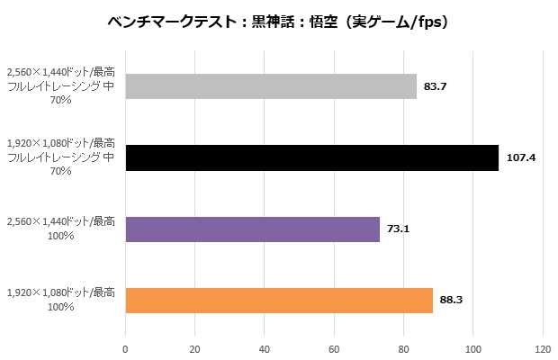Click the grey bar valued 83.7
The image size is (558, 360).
click(271, 85)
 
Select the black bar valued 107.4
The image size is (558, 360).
click(311, 157)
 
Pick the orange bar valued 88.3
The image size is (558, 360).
click(279, 300)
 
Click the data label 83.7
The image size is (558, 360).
click(436, 85)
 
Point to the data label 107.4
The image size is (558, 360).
click(521, 157)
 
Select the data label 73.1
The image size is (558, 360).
click(399, 229)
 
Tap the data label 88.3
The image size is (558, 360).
click(452, 300)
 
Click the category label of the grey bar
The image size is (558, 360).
click(61, 85)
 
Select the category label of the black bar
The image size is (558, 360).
click(61, 157)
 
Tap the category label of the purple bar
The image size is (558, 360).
click(61, 229)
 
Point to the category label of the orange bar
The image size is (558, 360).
click(61, 300)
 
